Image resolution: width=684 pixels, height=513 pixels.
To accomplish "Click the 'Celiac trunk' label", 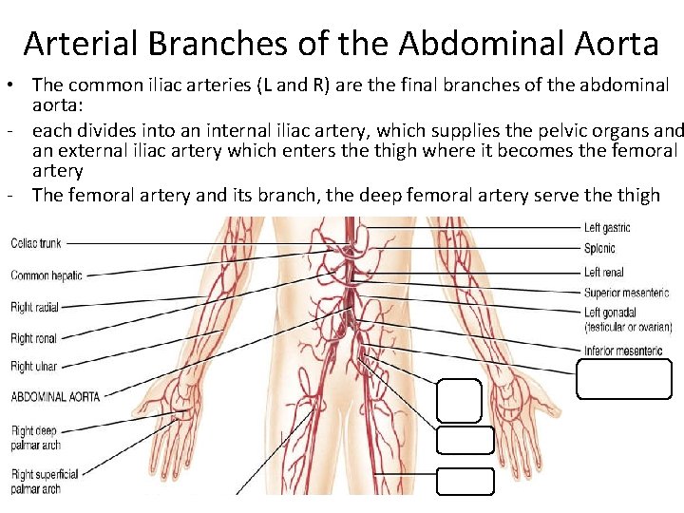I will click(36, 243).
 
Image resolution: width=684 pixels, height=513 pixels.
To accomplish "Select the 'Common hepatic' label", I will click(47, 275).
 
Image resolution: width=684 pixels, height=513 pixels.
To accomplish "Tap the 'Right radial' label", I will click(35, 307).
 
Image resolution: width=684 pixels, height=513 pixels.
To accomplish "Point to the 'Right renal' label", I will click(34, 338).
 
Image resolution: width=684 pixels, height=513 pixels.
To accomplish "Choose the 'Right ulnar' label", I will click(34, 367).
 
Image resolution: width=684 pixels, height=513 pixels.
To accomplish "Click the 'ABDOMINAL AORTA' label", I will click(53, 397).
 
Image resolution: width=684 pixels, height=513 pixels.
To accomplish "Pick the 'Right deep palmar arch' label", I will click(34, 438).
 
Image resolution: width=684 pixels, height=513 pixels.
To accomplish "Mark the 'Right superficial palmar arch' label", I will click(44, 481).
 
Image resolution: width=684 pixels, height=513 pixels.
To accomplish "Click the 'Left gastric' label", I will click(607, 228).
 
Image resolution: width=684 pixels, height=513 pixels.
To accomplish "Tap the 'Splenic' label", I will click(599, 249).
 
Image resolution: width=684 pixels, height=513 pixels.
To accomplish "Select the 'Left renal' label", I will click(603, 273).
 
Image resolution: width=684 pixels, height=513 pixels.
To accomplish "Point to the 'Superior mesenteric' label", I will click(626, 293).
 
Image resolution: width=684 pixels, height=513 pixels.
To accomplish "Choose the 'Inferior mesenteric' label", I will click(623, 351).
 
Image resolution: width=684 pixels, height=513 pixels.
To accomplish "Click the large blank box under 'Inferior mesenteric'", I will click(623, 378).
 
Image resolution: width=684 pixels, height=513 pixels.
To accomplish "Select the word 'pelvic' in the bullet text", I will click(545, 131).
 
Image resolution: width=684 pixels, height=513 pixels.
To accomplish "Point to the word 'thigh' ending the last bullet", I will click(638, 195).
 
